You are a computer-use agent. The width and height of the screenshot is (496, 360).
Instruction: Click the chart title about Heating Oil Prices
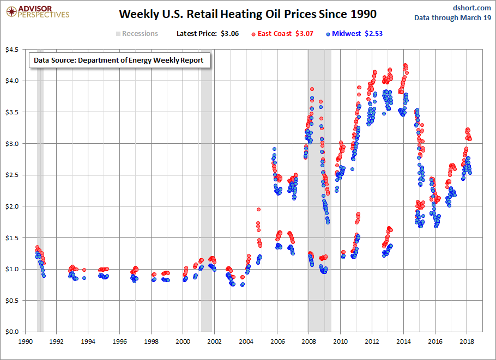pyautogui.click(x=247, y=13)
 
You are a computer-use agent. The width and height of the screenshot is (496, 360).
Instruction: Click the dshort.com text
pyautogui.click(x=472, y=7)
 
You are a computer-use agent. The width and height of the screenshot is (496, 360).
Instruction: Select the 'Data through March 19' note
pyautogui.click(x=453, y=17)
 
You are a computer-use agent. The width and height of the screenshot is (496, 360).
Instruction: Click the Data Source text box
pyautogui.click(x=119, y=60)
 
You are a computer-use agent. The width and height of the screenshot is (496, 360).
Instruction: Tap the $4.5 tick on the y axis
pyautogui.click(x=12, y=50)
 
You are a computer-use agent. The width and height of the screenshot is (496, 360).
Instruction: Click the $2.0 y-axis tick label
pyautogui.click(x=12, y=206)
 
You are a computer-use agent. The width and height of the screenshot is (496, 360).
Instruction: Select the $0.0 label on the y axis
pyautogui.click(x=12, y=332)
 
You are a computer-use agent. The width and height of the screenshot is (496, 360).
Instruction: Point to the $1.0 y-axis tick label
pyautogui.click(x=12, y=269)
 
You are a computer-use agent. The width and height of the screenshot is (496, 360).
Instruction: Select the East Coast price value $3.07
pyautogui.click(x=304, y=34)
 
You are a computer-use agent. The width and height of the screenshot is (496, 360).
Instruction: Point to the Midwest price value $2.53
pyautogui.click(x=374, y=34)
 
